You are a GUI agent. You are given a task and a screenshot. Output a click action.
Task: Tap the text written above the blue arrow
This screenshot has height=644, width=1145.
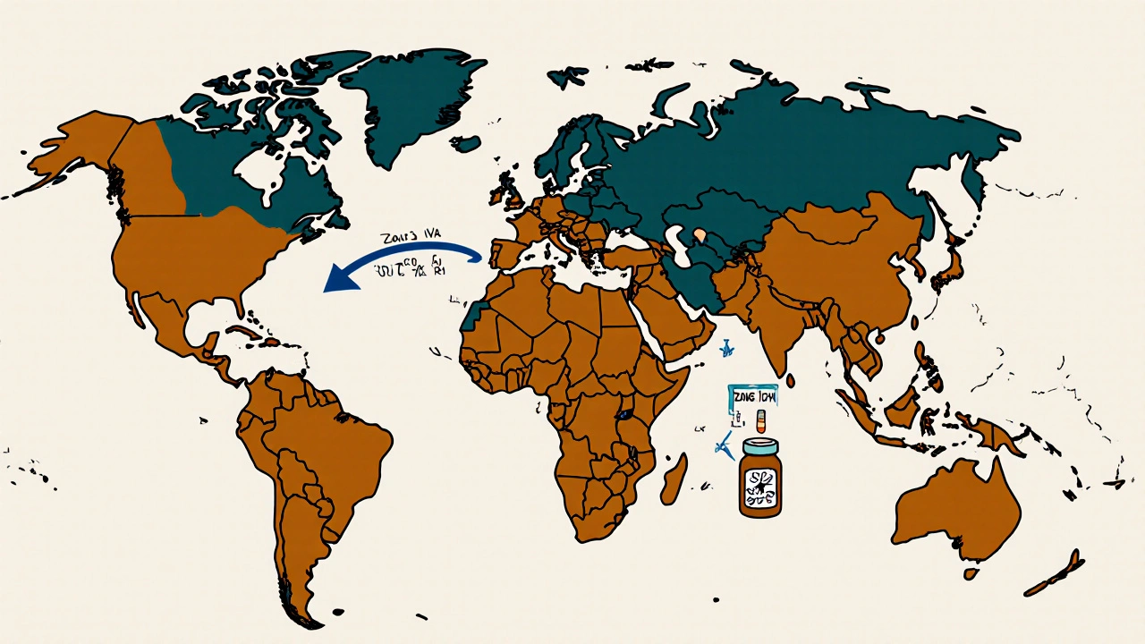click(405, 239)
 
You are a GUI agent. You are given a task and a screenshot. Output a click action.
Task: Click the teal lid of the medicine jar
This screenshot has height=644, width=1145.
click(760, 445)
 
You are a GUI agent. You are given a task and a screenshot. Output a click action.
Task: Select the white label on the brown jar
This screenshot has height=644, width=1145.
click(760, 483)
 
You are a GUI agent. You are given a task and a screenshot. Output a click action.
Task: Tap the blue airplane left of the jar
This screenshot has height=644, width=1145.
click(723, 445)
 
